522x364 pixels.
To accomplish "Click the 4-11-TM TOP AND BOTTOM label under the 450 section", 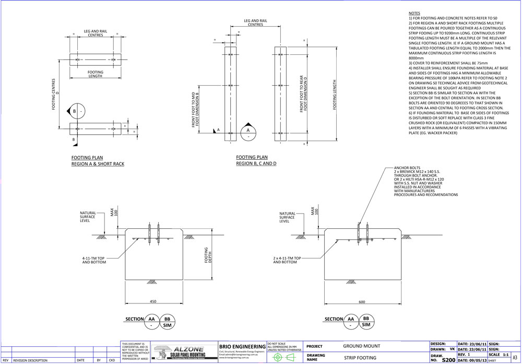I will pos(94,260).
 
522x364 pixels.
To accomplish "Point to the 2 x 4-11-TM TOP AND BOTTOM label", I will pos(288,260).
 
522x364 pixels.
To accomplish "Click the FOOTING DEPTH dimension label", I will pos(208,254).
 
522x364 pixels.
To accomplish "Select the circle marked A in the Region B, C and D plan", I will pos(248,131).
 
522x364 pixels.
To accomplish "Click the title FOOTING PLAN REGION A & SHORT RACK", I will pos(98,161).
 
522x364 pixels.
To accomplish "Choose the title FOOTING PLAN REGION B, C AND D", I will pos(256,160).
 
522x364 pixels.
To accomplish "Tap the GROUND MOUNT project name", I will pos(362,346).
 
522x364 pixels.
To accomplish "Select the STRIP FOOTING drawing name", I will pos(360,358).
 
